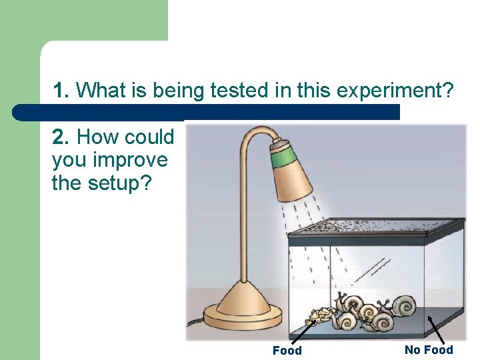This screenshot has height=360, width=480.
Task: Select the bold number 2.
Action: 60,137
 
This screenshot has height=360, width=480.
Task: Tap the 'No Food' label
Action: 428,350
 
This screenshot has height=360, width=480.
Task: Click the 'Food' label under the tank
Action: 287,351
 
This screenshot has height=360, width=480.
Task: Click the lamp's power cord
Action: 194,322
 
